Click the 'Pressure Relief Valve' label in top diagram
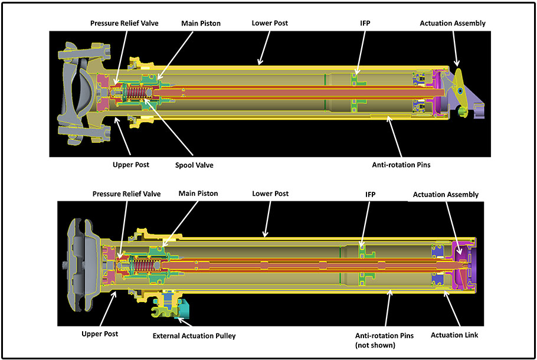(x=125, y=24)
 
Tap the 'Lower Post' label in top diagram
(x=270, y=24)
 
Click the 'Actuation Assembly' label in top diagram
(x=452, y=24)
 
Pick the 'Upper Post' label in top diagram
(x=131, y=165)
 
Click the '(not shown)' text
(x=375, y=345)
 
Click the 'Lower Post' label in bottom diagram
(x=270, y=194)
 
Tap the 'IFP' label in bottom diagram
(x=370, y=194)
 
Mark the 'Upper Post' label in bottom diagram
(x=100, y=334)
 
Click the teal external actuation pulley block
(x=188, y=307)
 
